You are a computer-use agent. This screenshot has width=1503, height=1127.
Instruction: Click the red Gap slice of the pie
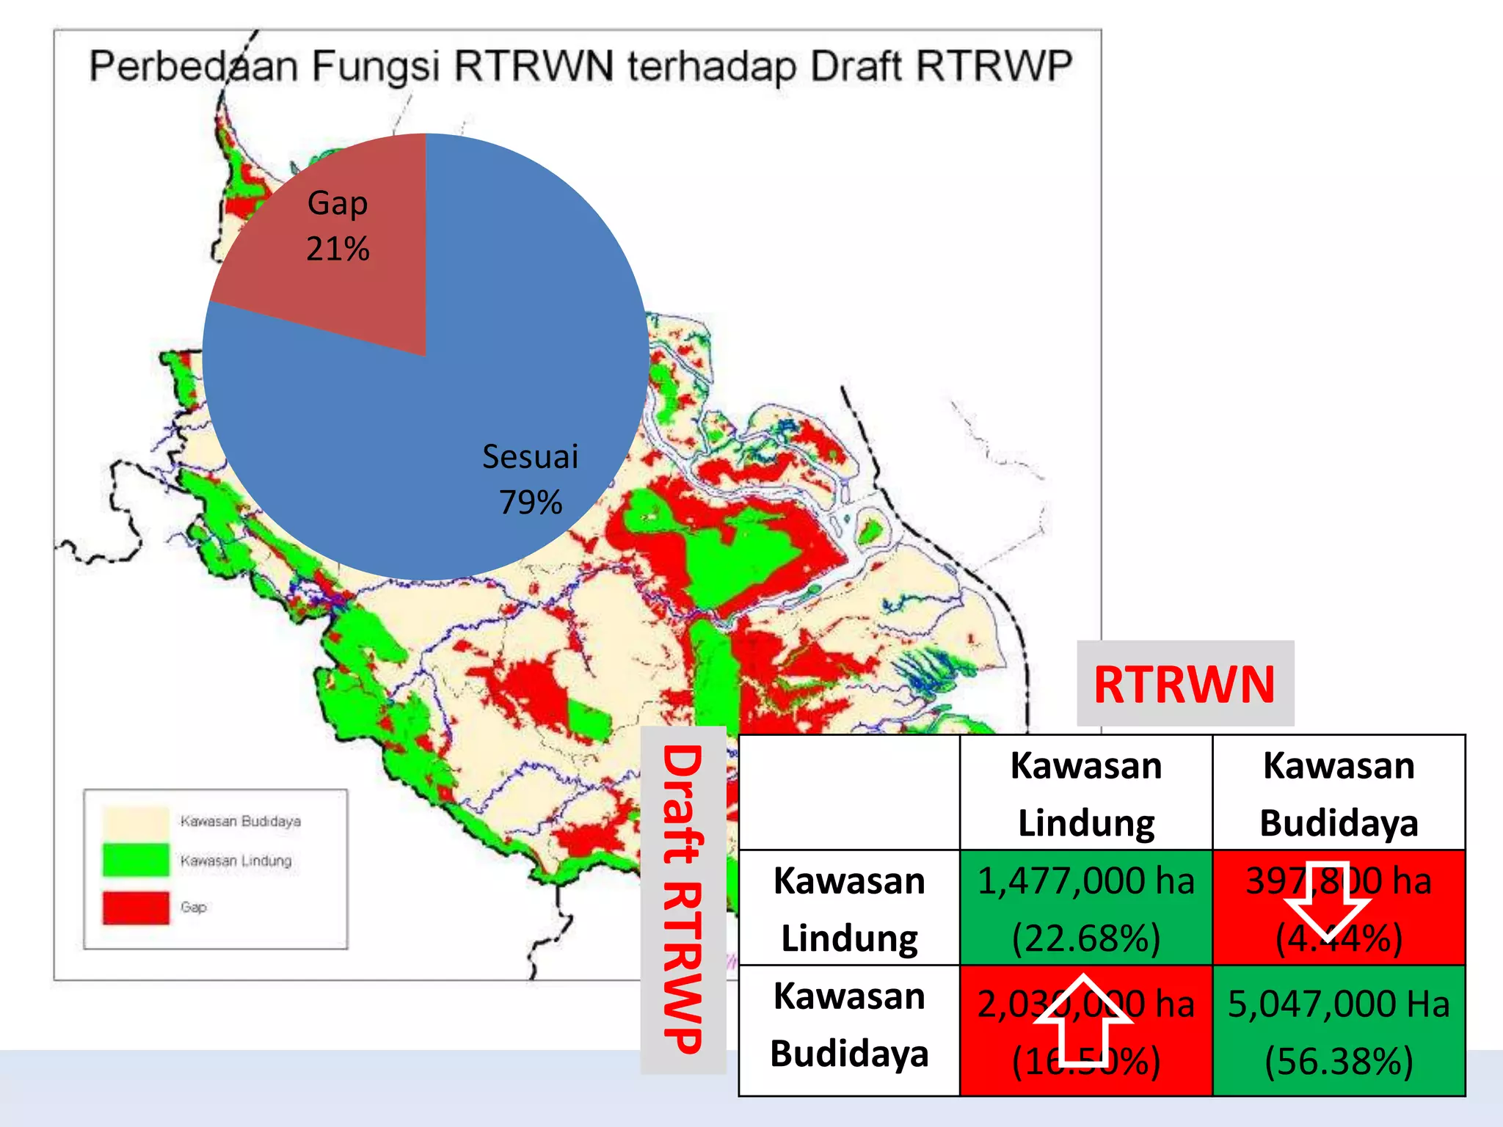(x=367, y=293)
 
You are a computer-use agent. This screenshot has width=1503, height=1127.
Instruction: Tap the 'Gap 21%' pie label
(x=338, y=225)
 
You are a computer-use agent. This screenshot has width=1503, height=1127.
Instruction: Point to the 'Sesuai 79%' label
(x=530, y=479)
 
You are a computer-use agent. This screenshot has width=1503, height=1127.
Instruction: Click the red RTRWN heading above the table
(x=1184, y=684)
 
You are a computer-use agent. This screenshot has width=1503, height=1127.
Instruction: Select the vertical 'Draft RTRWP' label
(x=683, y=900)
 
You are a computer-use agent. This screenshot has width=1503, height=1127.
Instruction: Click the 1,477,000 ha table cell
(x=1086, y=908)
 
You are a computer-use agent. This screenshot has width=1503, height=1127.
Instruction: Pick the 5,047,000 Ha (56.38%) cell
(x=1339, y=1031)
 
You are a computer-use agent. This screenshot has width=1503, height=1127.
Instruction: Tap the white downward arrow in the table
(x=1328, y=904)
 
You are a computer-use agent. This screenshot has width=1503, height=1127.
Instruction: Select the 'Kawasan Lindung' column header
(x=1086, y=793)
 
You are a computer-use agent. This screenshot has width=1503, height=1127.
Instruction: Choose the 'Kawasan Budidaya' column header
(x=1339, y=793)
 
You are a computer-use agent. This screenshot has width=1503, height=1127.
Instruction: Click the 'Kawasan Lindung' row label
(x=849, y=908)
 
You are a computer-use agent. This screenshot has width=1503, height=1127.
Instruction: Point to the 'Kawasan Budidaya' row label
(x=849, y=1024)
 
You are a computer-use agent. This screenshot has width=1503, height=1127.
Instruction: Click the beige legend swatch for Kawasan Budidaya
(x=136, y=820)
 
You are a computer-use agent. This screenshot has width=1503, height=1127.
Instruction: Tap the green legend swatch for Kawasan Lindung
(x=136, y=860)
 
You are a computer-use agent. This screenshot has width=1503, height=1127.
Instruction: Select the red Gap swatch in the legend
(x=136, y=907)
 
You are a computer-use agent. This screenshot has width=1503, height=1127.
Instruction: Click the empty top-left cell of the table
(x=849, y=792)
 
